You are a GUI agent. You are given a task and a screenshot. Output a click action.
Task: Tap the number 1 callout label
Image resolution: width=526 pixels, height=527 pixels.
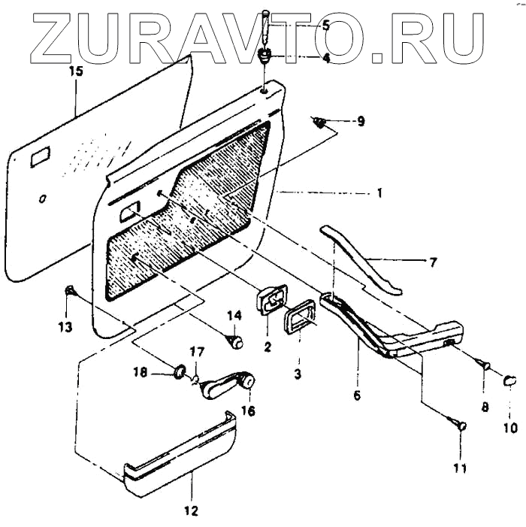pyautogui.click(x=379, y=193)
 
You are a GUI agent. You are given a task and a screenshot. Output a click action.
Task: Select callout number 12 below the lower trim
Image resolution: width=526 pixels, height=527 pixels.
pyautogui.click(x=191, y=510)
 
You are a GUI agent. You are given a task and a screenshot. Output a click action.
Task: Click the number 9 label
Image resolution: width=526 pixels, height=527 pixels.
pyautogui.click(x=361, y=121)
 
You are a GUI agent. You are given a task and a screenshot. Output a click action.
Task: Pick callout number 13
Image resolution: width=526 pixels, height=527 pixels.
pyautogui.click(x=66, y=326)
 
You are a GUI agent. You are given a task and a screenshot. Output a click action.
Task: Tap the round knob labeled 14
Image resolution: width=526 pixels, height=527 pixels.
pyautogui.click(x=237, y=343)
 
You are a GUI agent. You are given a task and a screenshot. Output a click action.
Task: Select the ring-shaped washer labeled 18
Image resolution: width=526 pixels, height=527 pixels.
pyautogui.click(x=180, y=371)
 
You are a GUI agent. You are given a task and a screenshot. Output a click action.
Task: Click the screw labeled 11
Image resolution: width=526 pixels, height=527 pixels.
pyautogui.click(x=460, y=426)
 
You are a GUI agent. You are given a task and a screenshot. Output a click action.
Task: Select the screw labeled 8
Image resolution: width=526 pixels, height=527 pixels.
pyautogui.click(x=482, y=365)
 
